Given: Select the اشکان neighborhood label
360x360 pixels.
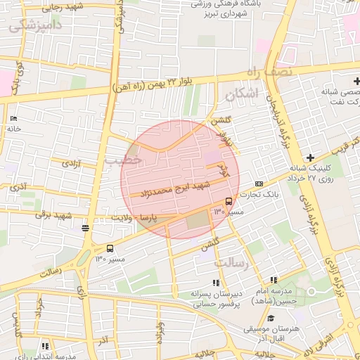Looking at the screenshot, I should pyautogui.click(x=240, y=94).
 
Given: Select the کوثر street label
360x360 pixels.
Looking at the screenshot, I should pyautogui.click(x=223, y=169).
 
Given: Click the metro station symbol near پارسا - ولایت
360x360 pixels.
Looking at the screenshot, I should pyautogui.click(x=85, y=228).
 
